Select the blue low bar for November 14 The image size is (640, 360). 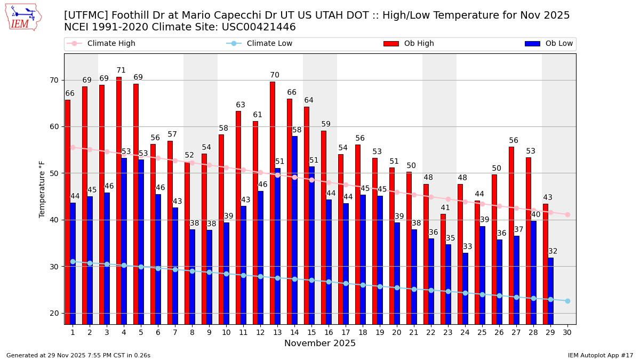click(294, 229)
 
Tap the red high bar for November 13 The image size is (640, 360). click(273, 203)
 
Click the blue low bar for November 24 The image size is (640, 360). click(465, 288)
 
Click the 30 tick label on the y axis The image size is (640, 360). click(54, 267)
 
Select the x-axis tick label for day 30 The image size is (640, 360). click(567, 332)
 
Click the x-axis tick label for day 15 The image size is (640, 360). click(311, 332)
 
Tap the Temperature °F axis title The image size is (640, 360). click(43, 189)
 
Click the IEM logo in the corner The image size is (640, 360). click(23, 17)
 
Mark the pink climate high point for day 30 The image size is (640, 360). click(567, 214)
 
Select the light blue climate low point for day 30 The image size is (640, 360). click(567, 301)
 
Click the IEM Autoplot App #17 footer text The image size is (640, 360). click(601, 355)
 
